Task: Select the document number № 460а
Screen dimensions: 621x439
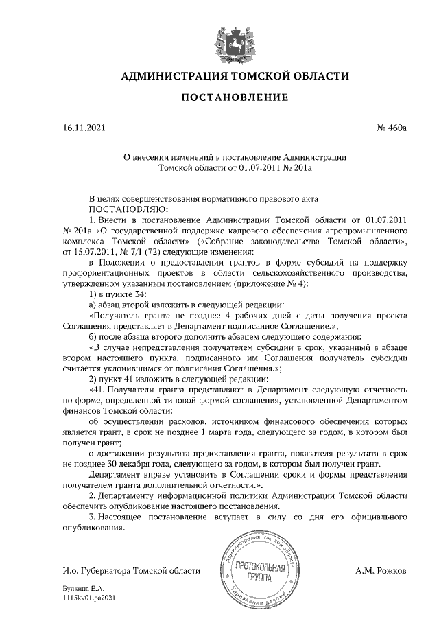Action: click(391, 128)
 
